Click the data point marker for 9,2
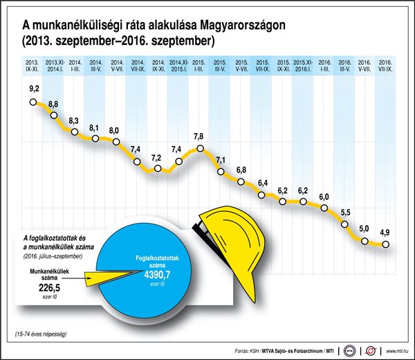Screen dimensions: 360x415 pos(33,103)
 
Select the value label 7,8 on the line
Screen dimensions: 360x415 pos(199,136)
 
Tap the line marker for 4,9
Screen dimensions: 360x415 pos(385,244)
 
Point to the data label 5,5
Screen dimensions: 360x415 pos(344,213)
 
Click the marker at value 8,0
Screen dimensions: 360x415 pos(116,143)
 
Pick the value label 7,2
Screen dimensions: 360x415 pos(156,159)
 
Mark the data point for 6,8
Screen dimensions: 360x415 pos(241,183)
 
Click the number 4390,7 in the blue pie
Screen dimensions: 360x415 pos(157,275)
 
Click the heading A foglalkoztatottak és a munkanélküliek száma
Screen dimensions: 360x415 pos(56,243)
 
